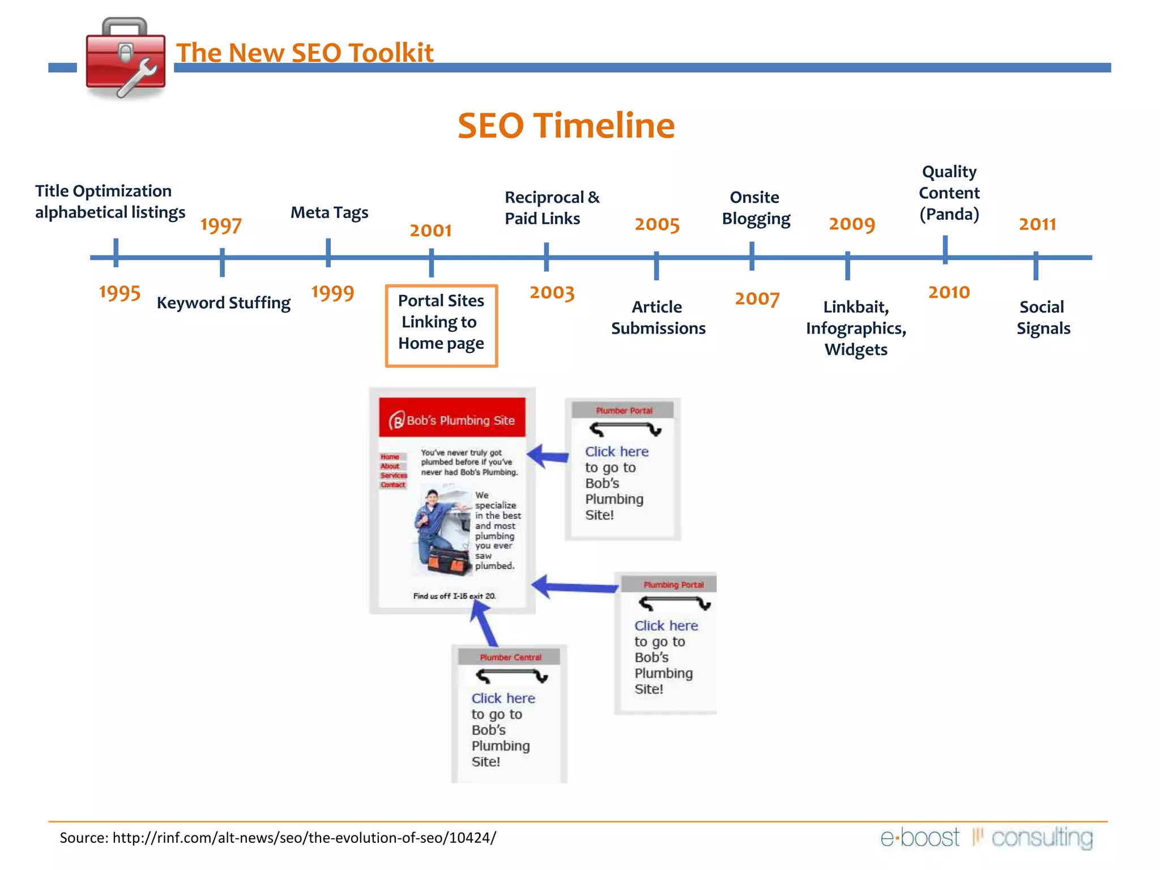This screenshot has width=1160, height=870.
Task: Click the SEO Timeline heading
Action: pos(566,125)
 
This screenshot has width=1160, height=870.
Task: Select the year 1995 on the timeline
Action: pos(120,293)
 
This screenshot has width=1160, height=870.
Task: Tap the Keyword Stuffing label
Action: pos(224,303)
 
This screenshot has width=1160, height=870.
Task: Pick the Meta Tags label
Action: pos(329,212)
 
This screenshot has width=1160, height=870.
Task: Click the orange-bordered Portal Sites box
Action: pos(441,326)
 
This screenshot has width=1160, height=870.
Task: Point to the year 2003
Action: pos(552,293)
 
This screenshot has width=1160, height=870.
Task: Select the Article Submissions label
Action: pos(658,317)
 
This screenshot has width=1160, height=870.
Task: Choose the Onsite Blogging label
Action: pos(756,208)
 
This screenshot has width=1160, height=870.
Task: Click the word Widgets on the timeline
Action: pos(856,349)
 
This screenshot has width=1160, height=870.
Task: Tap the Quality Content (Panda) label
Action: pos(949,193)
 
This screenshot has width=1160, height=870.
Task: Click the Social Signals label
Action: pos(1043,317)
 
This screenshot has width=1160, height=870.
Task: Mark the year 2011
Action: pos(1037,224)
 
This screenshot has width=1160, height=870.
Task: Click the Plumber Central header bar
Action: pos(510,657)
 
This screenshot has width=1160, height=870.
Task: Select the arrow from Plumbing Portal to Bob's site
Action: pos(575,587)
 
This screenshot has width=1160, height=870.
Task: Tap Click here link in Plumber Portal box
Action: pos(616,451)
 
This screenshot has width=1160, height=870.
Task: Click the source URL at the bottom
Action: pos(304,838)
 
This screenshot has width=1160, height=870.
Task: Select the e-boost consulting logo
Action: pos(986,838)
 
